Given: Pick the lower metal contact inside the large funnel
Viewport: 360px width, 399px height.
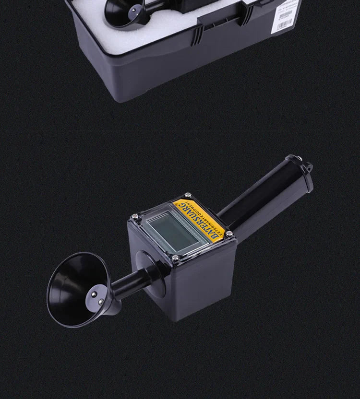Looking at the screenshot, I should (99, 302).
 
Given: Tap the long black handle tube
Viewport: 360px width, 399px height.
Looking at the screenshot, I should (259, 197).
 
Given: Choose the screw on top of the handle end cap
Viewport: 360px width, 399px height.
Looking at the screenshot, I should (292, 158).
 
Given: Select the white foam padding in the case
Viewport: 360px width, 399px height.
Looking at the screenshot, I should (96, 24).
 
